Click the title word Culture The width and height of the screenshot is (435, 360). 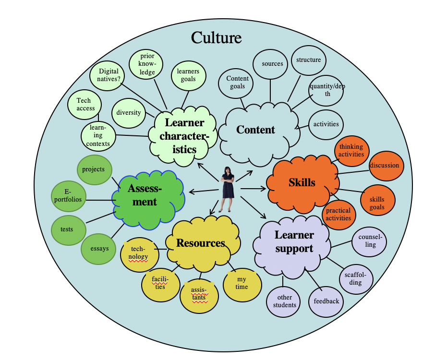pyautogui.click(x=216, y=37)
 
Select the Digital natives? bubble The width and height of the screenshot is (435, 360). pyautogui.click(x=109, y=75)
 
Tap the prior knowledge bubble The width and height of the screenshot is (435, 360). pyautogui.click(x=147, y=64)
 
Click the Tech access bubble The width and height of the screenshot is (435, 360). pyautogui.click(x=85, y=104)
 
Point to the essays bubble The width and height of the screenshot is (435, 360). pyautogui.click(x=99, y=249)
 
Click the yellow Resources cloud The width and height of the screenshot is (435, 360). pyautogui.click(x=201, y=243)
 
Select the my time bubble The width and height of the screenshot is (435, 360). pyautogui.click(x=242, y=283)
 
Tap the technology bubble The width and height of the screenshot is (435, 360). pyautogui.click(x=139, y=253)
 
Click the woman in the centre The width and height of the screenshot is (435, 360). pyautogui.click(x=227, y=189)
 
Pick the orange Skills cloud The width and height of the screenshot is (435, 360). pyautogui.click(x=302, y=183)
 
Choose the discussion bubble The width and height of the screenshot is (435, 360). pyautogui.click(x=384, y=166)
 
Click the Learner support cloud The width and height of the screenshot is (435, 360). pyautogui.click(x=294, y=241)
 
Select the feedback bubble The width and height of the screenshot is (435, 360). pyautogui.click(x=326, y=301)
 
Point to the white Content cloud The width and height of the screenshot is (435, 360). pyautogui.click(x=256, y=130)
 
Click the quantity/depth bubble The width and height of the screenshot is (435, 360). pyautogui.click(x=326, y=90)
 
